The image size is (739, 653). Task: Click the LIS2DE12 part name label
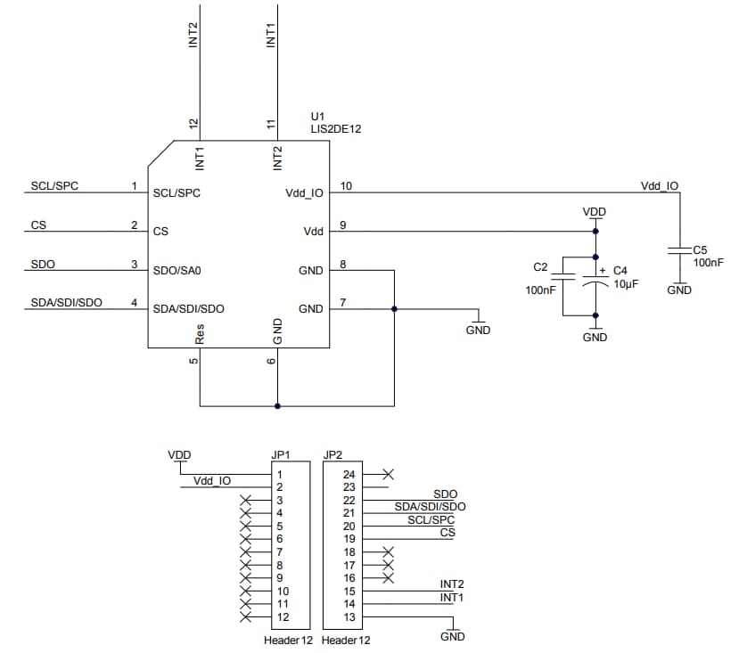(335, 129)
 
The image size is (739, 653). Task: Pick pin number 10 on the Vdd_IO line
(346, 185)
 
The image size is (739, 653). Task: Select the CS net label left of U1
(38, 225)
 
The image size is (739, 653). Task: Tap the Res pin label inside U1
(201, 333)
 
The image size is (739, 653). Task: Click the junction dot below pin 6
(278, 406)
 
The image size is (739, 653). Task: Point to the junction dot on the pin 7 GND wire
(393, 309)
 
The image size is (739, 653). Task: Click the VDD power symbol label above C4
(595, 212)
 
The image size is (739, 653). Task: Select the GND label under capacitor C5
(679, 290)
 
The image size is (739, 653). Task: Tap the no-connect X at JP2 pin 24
(387, 474)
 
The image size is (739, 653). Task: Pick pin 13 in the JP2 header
(349, 617)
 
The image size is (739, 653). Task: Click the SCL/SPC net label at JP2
(431, 519)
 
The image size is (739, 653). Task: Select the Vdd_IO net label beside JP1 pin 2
(212, 481)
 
